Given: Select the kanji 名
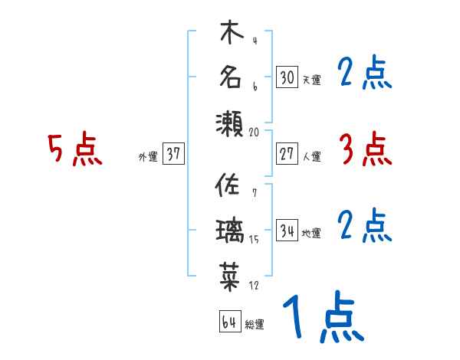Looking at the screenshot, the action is tap(230, 78).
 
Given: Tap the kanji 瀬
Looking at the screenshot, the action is tap(230, 123).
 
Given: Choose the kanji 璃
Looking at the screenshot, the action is tap(230, 229).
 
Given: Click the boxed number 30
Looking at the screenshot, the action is tap(287, 77).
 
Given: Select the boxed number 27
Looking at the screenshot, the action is tap(287, 153).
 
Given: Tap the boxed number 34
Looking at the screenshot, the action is tap(287, 230).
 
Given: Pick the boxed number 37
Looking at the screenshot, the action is tap(173, 154).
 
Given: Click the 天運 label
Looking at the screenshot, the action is tap(311, 80).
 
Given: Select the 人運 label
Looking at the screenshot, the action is tap(311, 156).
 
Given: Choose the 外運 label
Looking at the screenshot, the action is tap(148, 156).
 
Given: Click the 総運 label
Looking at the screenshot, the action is tap(255, 324).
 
